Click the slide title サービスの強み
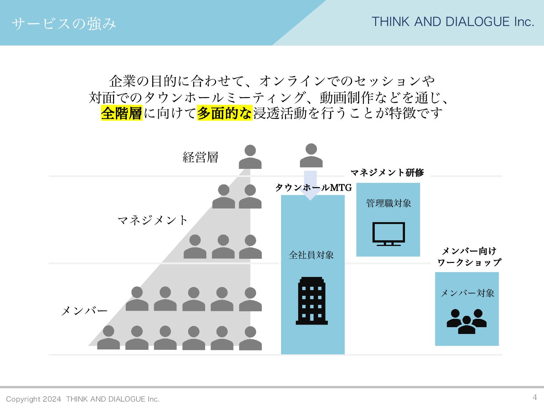coord(63,23)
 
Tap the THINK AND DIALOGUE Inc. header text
coord(453,22)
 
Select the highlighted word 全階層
coord(121,113)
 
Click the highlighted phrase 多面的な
coord(224,113)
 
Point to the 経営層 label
coord(200,157)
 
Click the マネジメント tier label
coord(153,220)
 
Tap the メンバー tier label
coord(84,311)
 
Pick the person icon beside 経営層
coord(250,157)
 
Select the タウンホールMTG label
coord(313,188)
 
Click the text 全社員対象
coord(311,255)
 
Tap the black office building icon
coord(312,301)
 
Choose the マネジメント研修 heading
coord(387,173)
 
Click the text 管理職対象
coord(388,203)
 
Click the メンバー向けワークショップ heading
coord(469,257)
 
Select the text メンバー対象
coord(467,293)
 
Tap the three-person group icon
coord(467,321)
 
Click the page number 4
coord(535,397)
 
